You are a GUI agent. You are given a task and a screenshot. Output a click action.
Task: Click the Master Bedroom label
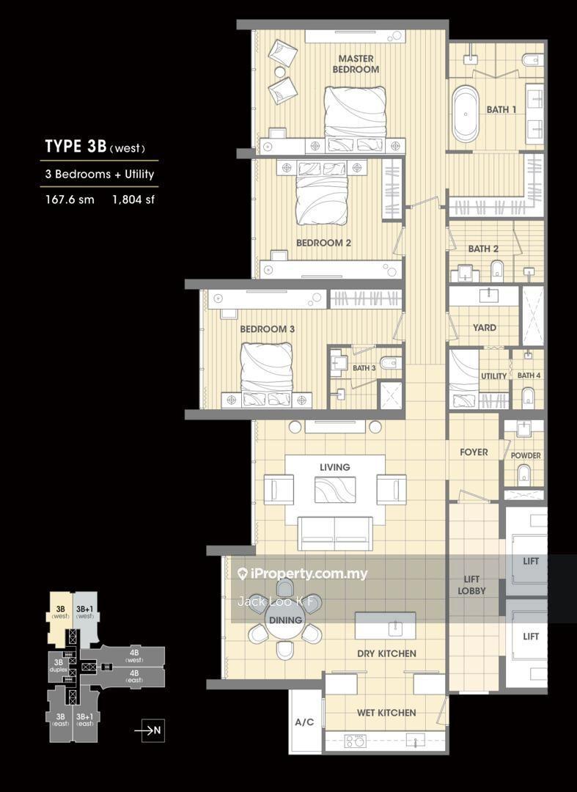(x=356, y=64)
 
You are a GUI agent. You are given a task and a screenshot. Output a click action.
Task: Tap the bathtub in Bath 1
(x=465, y=114)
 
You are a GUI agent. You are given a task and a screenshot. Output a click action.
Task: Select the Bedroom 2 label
(x=323, y=243)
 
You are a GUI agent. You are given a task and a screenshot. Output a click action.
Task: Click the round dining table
(x=285, y=619)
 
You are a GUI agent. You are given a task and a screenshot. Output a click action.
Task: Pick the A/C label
(x=304, y=722)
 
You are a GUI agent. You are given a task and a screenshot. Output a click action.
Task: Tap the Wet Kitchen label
(x=386, y=713)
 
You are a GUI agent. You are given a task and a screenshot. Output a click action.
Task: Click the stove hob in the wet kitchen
(x=355, y=741)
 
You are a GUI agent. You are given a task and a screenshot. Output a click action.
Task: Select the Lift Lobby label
(x=471, y=585)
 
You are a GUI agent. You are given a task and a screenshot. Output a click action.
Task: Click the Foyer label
(x=474, y=452)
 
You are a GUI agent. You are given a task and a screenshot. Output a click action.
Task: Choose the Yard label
(x=485, y=327)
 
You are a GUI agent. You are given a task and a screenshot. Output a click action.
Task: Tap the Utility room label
(x=493, y=376)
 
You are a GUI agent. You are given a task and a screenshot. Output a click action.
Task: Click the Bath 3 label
(x=364, y=368)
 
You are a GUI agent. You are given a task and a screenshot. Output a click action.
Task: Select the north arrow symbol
(x=153, y=730)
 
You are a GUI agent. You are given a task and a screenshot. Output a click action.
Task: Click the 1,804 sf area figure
(x=133, y=199)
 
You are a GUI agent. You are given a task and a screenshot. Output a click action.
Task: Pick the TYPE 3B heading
(x=76, y=147)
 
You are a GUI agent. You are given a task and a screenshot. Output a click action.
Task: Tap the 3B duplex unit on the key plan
(x=58, y=666)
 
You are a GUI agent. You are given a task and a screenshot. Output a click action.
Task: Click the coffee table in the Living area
(x=335, y=490)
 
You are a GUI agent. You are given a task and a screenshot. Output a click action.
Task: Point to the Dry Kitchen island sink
(x=394, y=628)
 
